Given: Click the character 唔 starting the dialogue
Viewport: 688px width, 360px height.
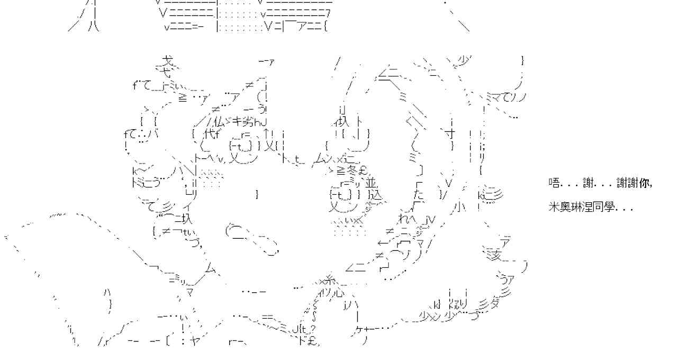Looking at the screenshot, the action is click(x=554, y=183).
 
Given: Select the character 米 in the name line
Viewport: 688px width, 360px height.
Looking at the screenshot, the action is click(x=554, y=208).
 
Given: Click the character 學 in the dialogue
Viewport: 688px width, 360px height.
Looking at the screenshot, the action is click(x=609, y=208).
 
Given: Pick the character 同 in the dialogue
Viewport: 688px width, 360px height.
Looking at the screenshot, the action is click(x=599, y=208).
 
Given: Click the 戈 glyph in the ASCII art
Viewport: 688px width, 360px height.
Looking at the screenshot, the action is click(x=168, y=61).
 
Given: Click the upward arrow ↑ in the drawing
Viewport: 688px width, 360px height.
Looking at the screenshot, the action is click(x=267, y=134).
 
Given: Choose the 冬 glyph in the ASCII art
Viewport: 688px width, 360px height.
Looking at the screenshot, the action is click(x=352, y=170).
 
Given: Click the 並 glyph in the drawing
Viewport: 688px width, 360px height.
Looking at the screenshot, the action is click(x=370, y=183).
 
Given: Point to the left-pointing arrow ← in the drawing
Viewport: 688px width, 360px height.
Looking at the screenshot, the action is click(x=383, y=244).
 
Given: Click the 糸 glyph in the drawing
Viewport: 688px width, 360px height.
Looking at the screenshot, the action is click(x=330, y=280).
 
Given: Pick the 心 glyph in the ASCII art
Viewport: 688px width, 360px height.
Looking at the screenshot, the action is click(x=339, y=292).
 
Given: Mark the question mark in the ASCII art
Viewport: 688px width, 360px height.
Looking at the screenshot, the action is click(x=313, y=329).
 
